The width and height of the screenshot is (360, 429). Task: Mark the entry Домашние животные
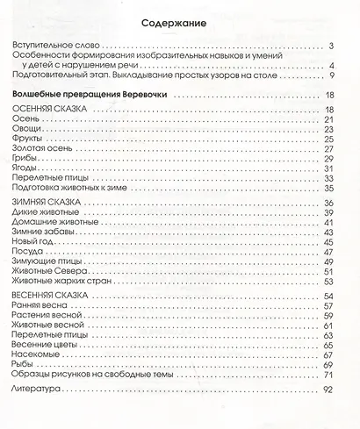tap(59, 222)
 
